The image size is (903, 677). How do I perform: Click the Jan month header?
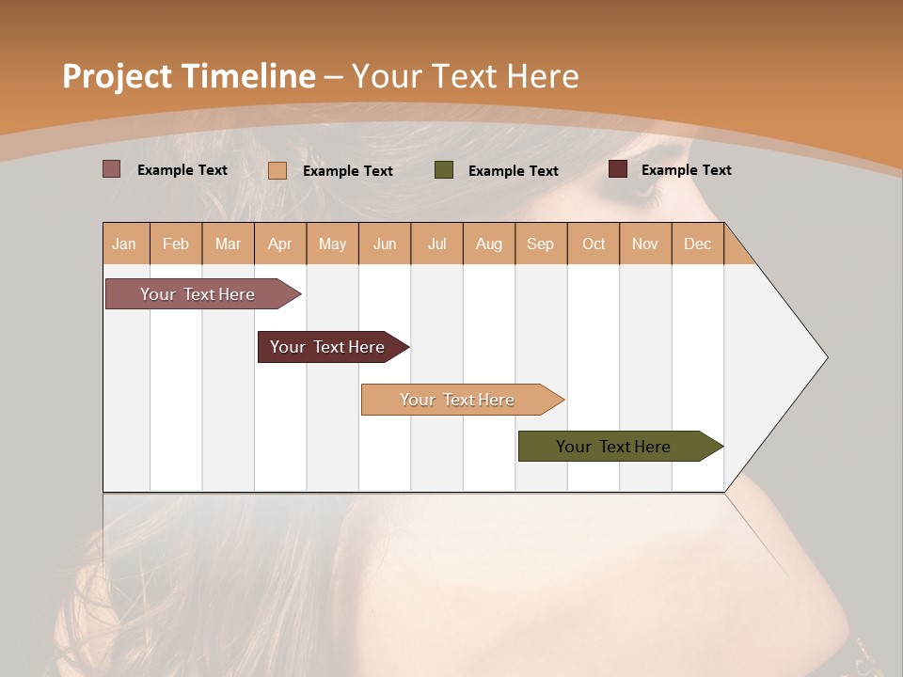(x=125, y=244)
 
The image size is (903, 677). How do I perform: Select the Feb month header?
(x=176, y=244)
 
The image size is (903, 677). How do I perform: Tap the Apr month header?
(x=280, y=244)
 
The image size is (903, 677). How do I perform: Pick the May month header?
(x=332, y=244)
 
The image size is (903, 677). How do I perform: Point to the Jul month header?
(x=436, y=244)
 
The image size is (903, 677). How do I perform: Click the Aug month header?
(x=489, y=244)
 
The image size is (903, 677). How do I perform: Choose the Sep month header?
(x=541, y=244)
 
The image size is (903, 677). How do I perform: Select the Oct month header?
(x=594, y=244)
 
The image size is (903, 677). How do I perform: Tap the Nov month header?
(x=645, y=244)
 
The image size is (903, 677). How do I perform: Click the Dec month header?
(x=698, y=244)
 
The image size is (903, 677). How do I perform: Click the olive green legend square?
(x=444, y=170)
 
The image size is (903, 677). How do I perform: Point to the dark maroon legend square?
(x=618, y=169)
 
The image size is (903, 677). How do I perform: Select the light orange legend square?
(x=277, y=170)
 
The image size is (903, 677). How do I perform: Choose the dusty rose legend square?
(x=112, y=169)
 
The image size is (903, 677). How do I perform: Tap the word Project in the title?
(x=117, y=76)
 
